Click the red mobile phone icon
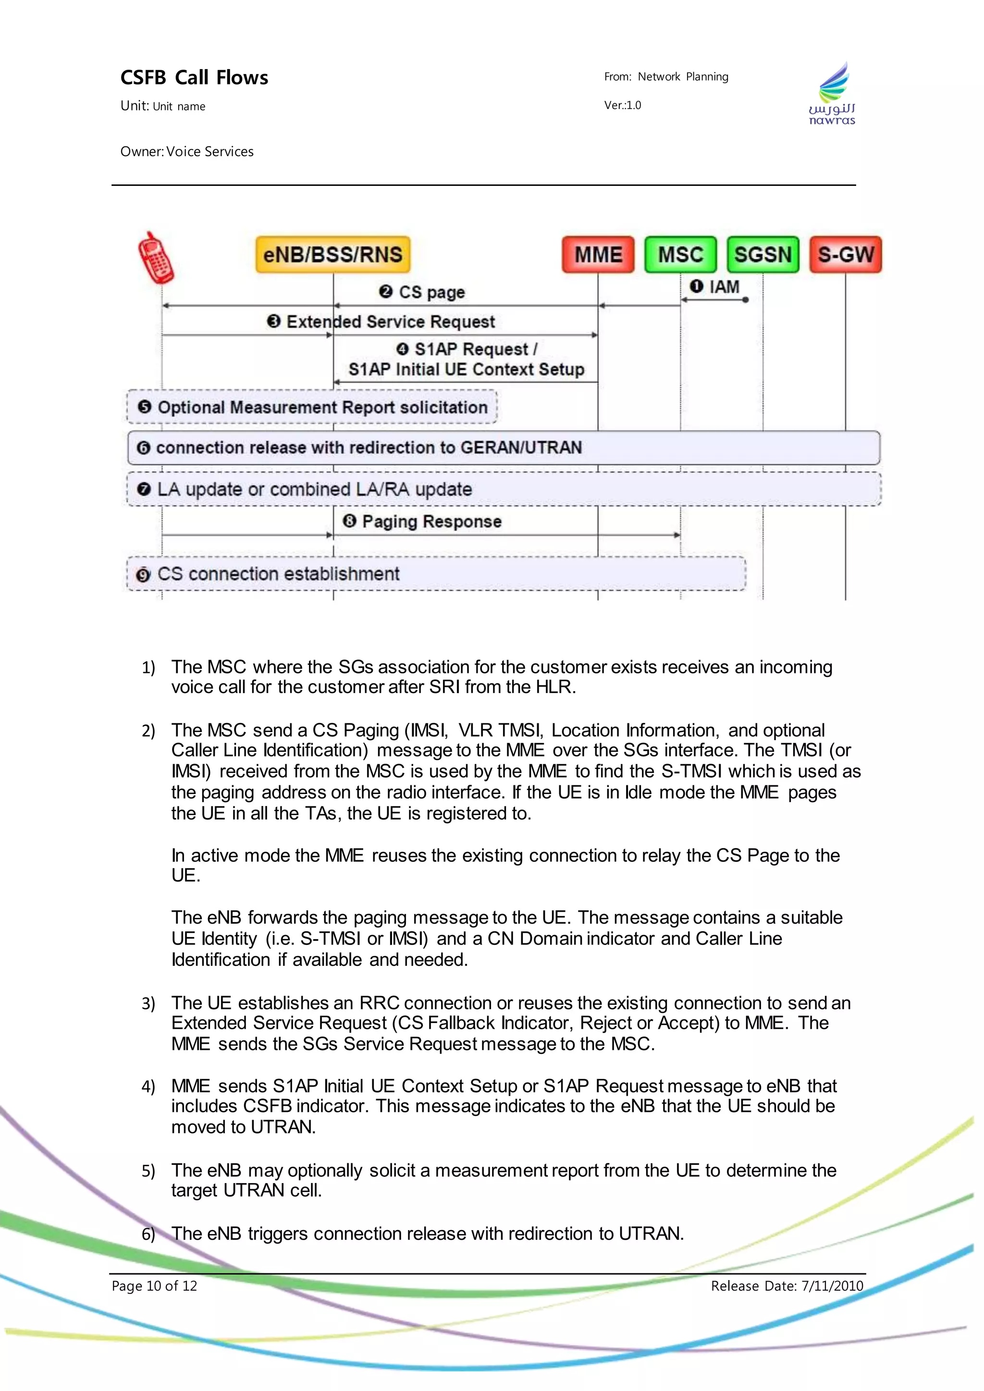tap(156, 258)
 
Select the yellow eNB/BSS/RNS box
tap(332, 255)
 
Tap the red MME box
tap(598, 255)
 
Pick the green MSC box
tap(680, 255)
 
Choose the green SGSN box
tap(763, 255)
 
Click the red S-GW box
tap(845, 255)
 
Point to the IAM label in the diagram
tap(724, 287)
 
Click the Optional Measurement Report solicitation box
tap(312, 407)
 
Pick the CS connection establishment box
tap(436, 573)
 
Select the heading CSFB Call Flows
tap(194, 77)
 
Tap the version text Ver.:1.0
tap(622, 105)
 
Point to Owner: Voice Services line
tap(186, 151)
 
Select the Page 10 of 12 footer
tap(155, 1286)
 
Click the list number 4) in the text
tap(148, 1087)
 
